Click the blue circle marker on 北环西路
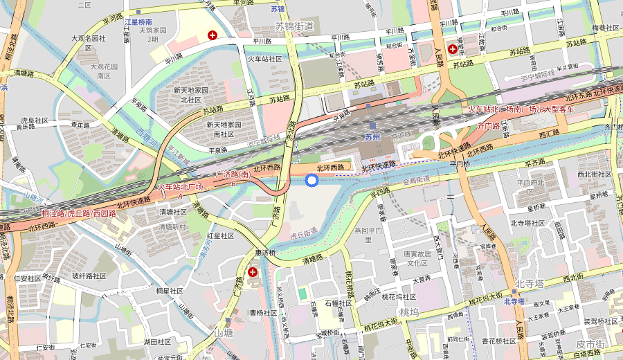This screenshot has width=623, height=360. point(311,181)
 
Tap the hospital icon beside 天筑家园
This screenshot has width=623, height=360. point(213,35)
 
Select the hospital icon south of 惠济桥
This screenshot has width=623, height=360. point(253,273)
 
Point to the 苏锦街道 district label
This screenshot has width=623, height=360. point(294,26)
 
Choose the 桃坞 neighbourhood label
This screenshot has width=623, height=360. point(409,312)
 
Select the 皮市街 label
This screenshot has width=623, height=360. point(590,344)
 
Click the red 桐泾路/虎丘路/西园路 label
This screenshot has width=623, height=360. point(79,214)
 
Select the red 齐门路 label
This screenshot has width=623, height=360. point(489,127)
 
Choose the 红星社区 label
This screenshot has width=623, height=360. point(221,235)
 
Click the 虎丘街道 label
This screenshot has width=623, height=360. point(303,232)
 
